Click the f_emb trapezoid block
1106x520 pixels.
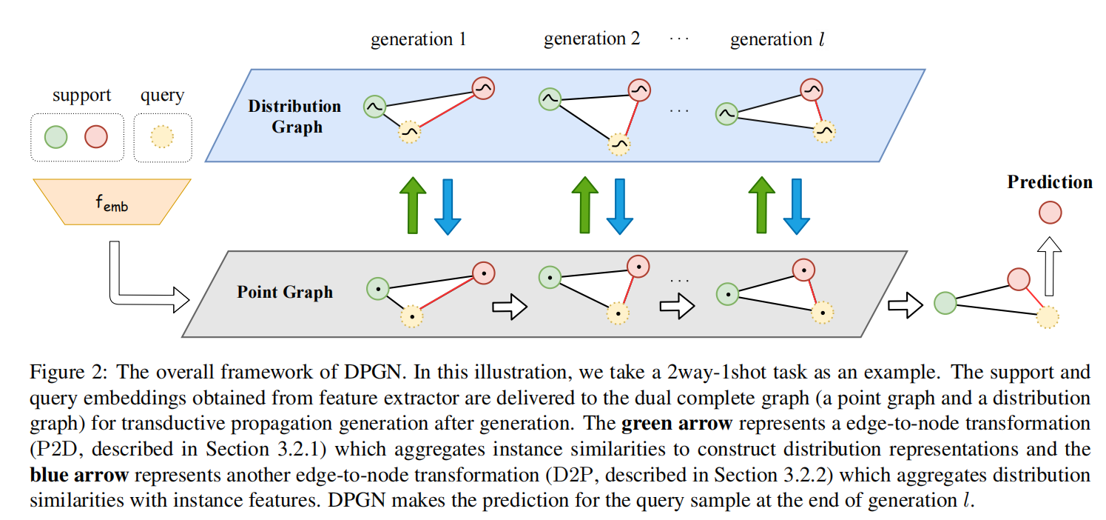(x=112, y=201)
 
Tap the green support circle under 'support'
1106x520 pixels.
(x=55, y=137)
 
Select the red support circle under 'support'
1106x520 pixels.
(x=96, y=137)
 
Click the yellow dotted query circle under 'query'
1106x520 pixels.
(x=162, y=137)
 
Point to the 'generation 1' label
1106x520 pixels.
(x=418, y=39)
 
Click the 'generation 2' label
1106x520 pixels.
(x=592, y=39)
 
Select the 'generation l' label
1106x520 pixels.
(x=777, y=39)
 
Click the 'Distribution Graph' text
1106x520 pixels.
(x=294, y=116)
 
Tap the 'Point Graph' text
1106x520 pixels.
(x=285, y=292)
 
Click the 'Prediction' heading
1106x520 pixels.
(x=1049, y=182)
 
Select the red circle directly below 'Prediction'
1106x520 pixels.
(x=1050, y=213)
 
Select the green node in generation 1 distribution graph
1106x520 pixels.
(x=374, y=107)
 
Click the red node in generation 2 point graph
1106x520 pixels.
(x=638, y=265)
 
